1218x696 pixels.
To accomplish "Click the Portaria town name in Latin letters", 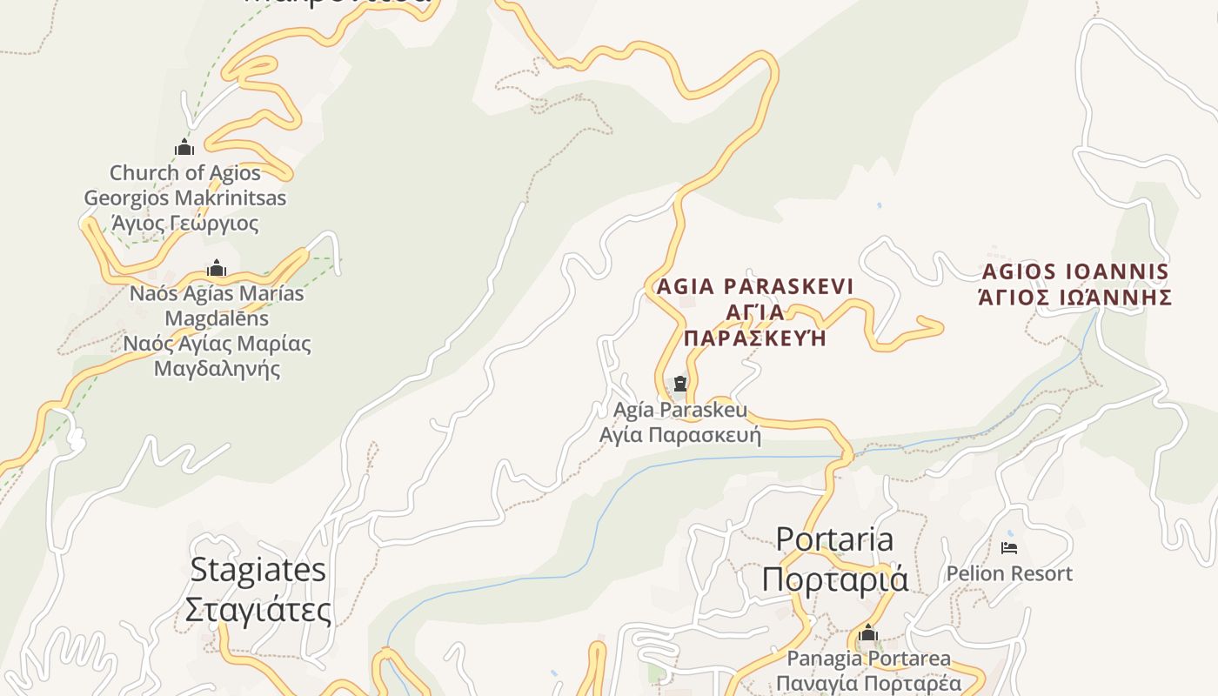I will click(x=833, y=539).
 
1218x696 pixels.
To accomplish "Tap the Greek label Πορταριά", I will click(x=833, y=579).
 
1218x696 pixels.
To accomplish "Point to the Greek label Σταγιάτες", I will click(x=258, y=609).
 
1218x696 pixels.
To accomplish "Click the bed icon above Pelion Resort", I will click(x=1009, y=548).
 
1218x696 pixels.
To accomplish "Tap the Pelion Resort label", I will click(x=1009, y=573).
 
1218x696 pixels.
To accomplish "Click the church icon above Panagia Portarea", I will click(x=867, y=634).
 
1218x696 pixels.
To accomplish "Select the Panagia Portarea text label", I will click(x=869, y=659).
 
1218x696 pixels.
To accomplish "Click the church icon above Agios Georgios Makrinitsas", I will click(x=184, y=147).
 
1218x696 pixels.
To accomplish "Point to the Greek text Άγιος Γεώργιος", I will click(x=185, y=224).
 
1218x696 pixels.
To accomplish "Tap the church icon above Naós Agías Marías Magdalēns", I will click(x=217, y=269).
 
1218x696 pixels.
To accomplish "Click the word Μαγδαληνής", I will click(x=217, y=368).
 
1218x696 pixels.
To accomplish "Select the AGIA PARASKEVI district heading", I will click(x=755, y=286).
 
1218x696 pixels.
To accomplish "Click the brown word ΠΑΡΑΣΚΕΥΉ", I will click(x=755, y=338).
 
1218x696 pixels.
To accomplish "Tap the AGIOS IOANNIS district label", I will click(x=1075, y=271).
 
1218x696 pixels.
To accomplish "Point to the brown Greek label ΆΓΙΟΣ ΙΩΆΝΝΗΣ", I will click(x=1075, y=298).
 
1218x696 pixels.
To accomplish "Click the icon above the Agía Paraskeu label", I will click(x=680, y=384).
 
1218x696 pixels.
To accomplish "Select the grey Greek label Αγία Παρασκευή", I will click(x=680, y=434).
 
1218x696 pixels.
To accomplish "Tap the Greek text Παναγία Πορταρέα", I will click(x=869, y=683).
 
